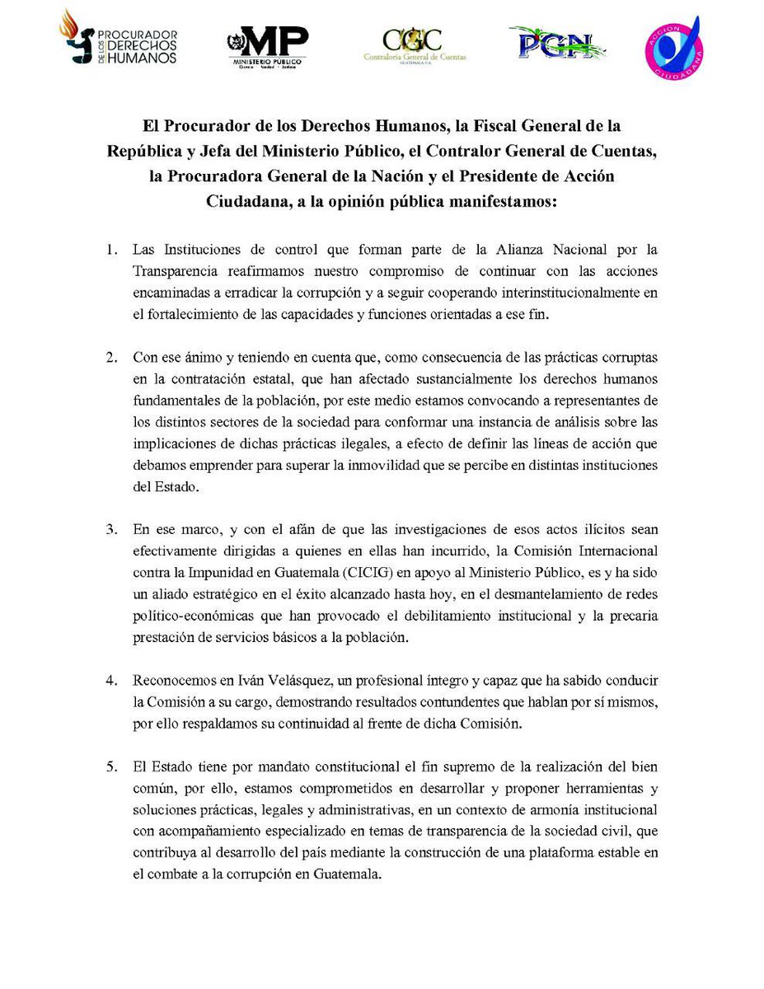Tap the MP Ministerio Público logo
coord(267,46)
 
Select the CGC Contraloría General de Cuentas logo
coord(414,45)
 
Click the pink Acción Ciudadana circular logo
coord(673,46)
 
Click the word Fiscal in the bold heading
coord(477,127)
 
